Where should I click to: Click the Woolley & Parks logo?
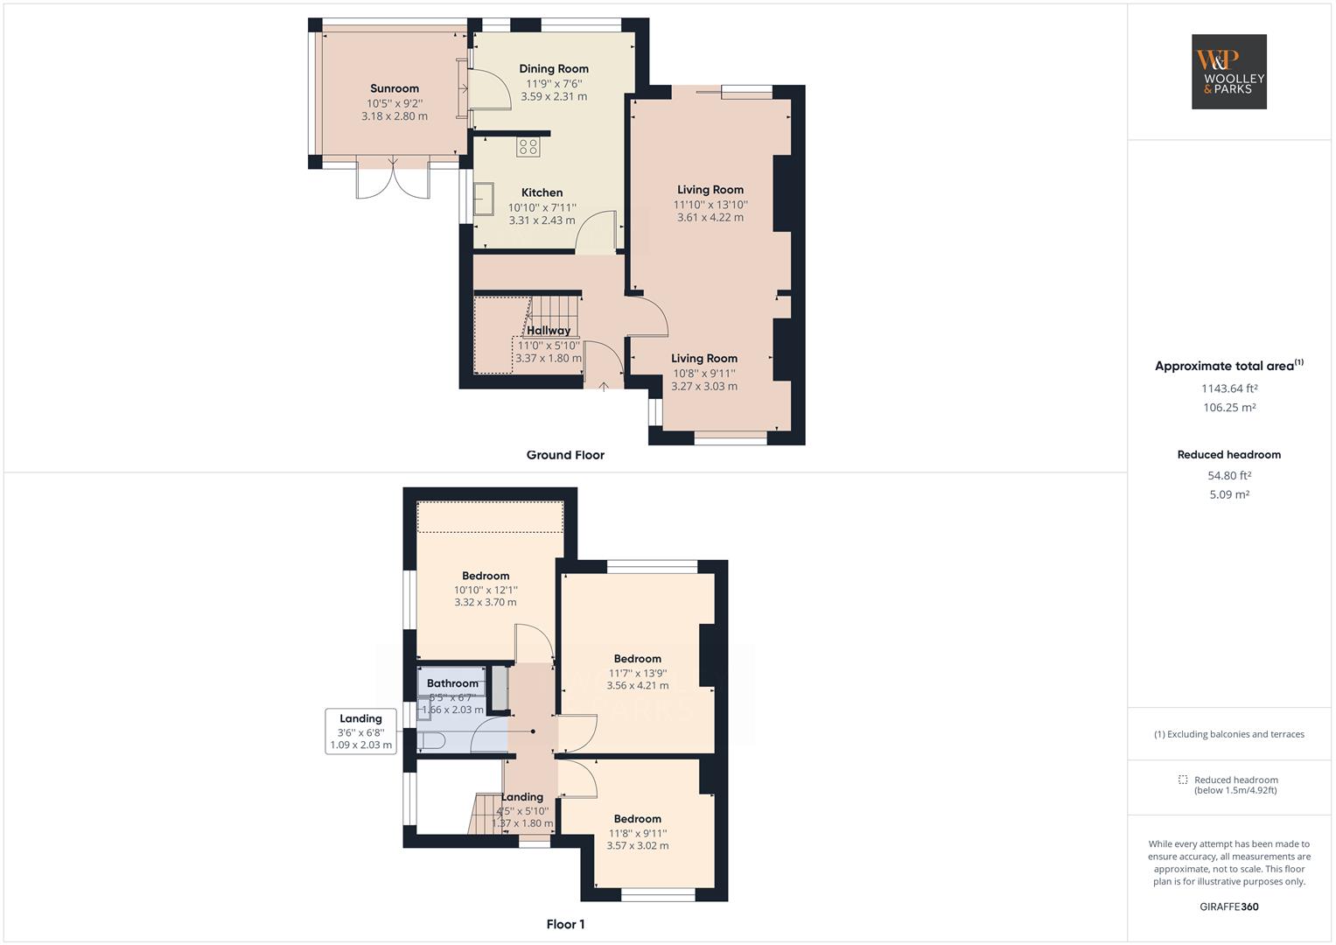pyautogui.click(x=1228, y=72)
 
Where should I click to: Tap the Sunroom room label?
pyautogui.click(x=395, y=88)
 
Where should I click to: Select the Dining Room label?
pyautogui.click(x=554, y=69)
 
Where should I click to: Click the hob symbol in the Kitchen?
pyautogui.click(x=528, y=147)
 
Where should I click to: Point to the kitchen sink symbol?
pyautogui.click(x=484, y=199)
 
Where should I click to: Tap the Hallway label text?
pyautogui.click(x=549, y=331)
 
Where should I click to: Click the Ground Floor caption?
pyautogui.click(x=565, y=455)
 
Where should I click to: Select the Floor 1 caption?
pyautogui.click(x=565, y=925)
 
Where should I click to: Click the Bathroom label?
pyautogui.click(x=452, y=683)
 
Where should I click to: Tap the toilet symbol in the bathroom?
pyautogui.click(x=432, y=742)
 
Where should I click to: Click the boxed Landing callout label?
pyautogui.click(x=360, y=731)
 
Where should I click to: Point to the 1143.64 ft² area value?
pyautogui.click(x=1228, y=388)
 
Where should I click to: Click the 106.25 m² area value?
pyautogui.click(x=1228, y=408)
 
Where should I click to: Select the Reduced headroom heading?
pyautogui.click(x=1228, y=455)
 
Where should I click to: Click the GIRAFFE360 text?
pyautogui.click(x=1228, y=906)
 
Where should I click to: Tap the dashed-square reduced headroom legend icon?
pyautogui.click(x=1183, y=780)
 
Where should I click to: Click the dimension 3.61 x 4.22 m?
pyautogui.click(x=710, y=218)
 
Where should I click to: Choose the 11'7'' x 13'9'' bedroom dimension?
pyautogui.click(x=638, y=674)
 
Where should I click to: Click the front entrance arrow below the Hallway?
pyautogui.click(x=604, y=384)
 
